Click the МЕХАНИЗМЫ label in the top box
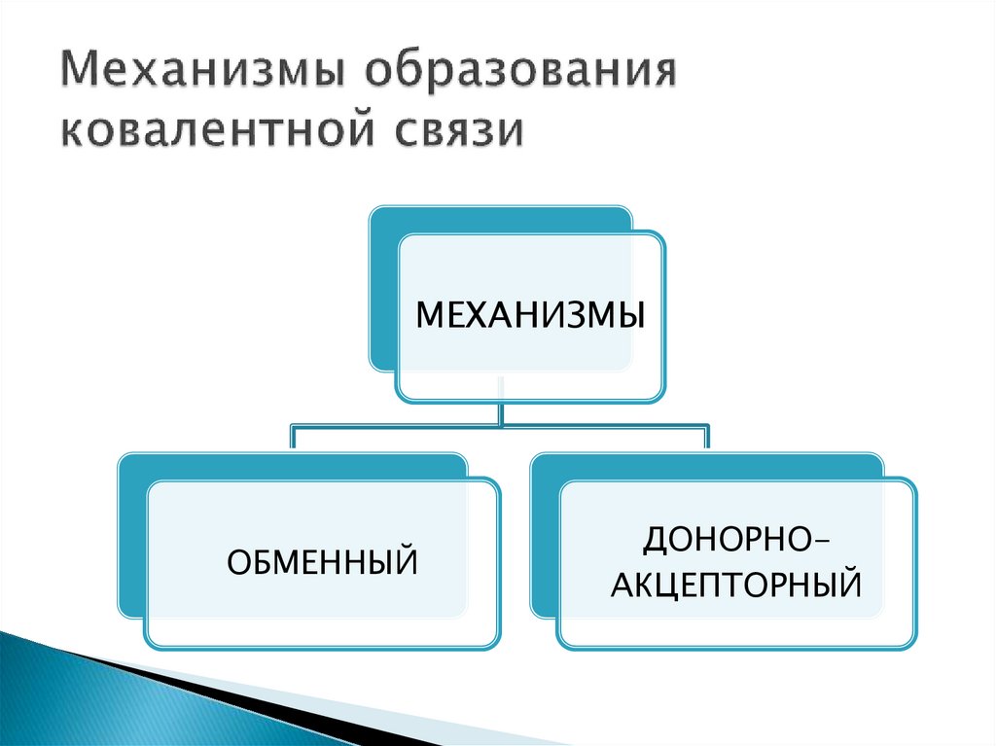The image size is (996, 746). pyautogui.click(x=530, y=317)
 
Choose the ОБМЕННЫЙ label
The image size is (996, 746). pyautogui.click(x=322, y=561)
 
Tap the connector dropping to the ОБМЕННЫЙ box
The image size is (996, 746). pyautogui.click(x=292, y=438)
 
